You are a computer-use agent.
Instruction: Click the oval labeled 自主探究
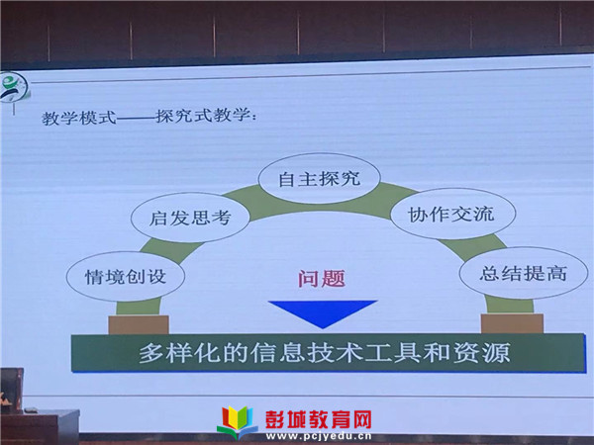[x=319, y=179]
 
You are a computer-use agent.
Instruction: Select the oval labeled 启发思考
[x=190, y=218]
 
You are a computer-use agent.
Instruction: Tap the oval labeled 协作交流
[x=452, y=214]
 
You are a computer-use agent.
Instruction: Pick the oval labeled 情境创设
[x=126, y=277]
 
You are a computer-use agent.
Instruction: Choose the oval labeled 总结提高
[x=524, y=273]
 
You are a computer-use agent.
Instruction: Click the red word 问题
[x=322, y=279]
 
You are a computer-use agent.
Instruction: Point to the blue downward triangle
[x=323, y=312]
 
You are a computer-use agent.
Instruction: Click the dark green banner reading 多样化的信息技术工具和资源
[x=329, y=353]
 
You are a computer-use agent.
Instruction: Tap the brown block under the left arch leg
[x=139, y=324]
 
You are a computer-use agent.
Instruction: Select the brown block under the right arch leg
[x=512, y=323]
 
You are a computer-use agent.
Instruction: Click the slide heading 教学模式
[x=79, y=118]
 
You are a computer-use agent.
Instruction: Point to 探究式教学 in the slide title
[x=203, y=116]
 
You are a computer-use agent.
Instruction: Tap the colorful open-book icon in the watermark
[x=237, y=422]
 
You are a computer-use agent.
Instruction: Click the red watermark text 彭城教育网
[x=318, y=419]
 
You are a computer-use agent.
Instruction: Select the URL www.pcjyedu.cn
[x=319, y=437]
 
